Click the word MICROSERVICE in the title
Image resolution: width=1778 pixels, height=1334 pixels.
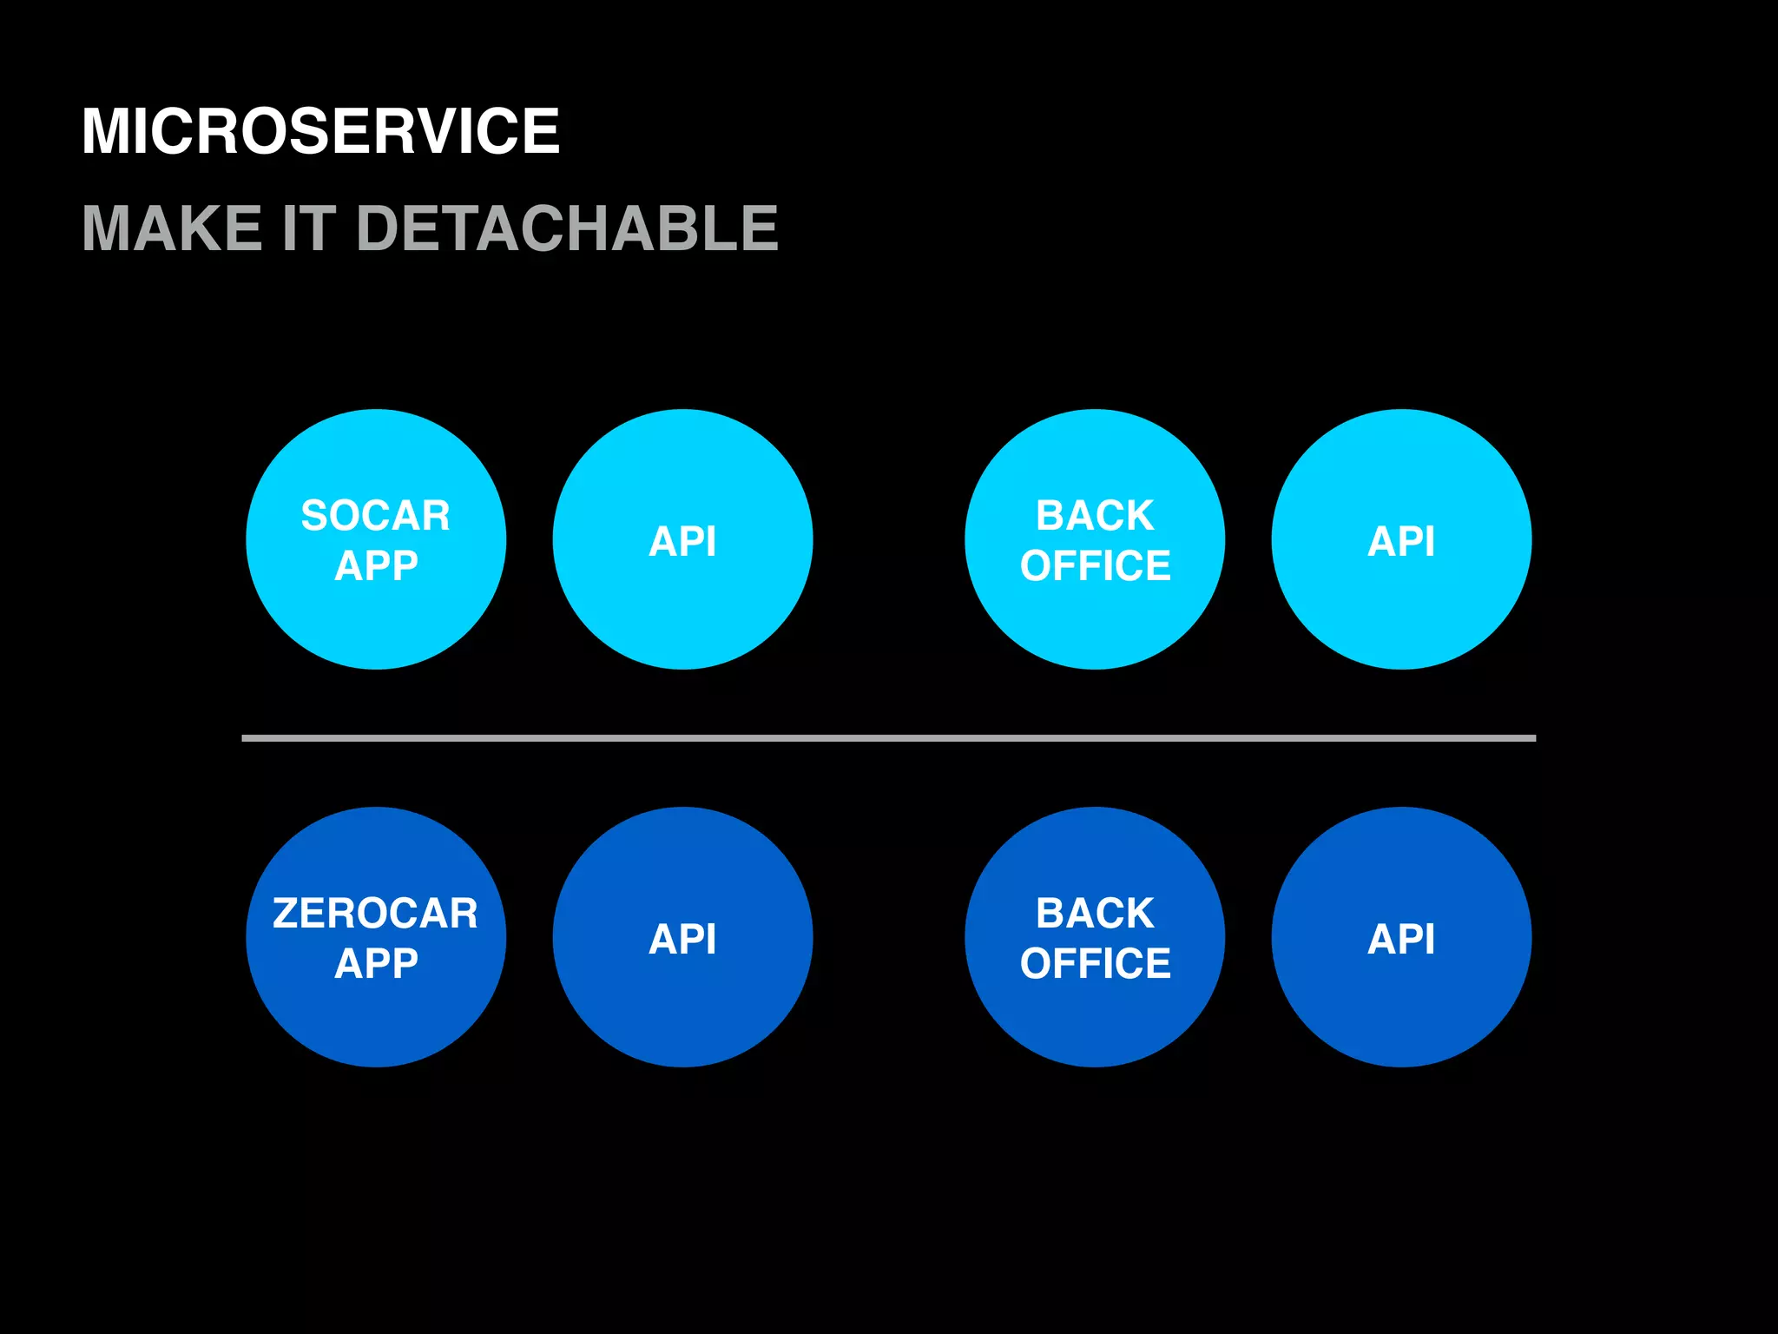click(320, 131)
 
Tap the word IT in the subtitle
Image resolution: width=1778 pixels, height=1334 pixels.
click(309, 228)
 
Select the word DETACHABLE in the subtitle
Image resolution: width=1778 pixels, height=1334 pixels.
click(567, 228)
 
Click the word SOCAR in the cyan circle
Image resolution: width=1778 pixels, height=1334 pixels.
click(376, 515)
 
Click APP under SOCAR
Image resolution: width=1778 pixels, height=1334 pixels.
click(376, 565)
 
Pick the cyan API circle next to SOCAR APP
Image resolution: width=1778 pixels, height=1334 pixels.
click(682, 540)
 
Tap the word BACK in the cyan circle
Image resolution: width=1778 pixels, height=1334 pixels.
click(1095, 515)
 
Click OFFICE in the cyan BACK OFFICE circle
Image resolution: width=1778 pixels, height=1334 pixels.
click(1095, 565)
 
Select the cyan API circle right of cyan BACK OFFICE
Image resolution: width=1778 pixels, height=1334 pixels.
click(1401, 540)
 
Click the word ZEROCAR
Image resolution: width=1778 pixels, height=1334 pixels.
click(376, 913)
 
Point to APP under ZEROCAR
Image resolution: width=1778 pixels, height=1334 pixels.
click(376, 963)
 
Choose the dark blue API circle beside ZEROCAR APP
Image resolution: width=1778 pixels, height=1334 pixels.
click(682, 938)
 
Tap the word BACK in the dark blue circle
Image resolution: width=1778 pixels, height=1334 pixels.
click(1095, 913)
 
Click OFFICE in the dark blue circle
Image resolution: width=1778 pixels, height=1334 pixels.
click(1095, 963)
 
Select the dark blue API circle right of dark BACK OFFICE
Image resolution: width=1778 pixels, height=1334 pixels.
click(1401, 938)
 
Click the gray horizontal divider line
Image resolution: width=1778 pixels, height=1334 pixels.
click(888, 738)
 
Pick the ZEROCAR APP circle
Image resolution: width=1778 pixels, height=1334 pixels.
click(376, 1016)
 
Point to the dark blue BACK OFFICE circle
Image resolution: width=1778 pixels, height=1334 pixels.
click(1095, 1016)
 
